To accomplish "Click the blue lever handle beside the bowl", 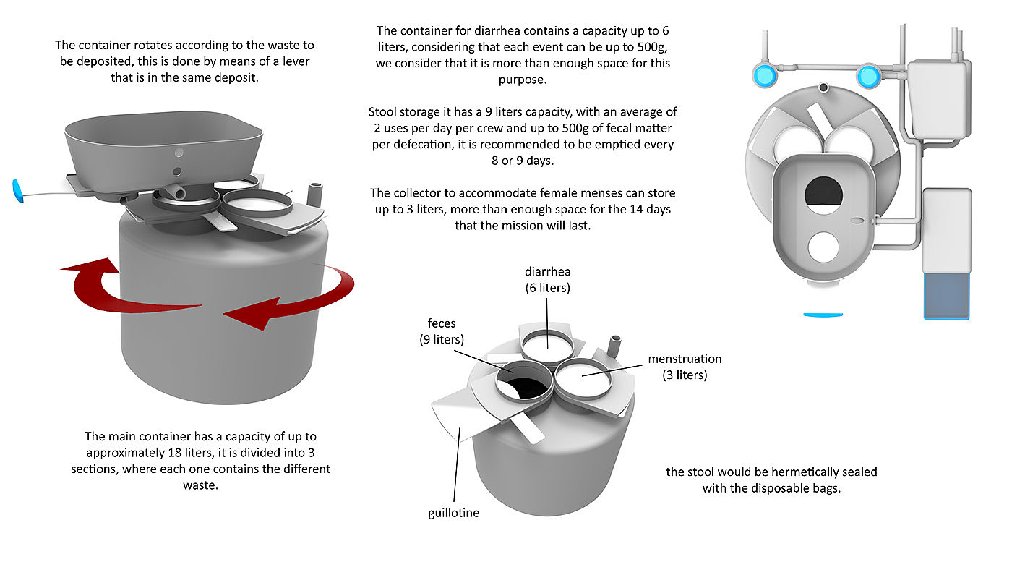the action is (17, 191).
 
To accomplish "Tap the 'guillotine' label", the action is (454, 513).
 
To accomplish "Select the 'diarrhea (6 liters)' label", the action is (548, 280).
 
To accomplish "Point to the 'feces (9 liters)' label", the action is (442, 331).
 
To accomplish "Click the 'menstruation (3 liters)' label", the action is (685, 367).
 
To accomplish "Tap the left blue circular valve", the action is (765, 75).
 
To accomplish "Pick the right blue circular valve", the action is (868, 76).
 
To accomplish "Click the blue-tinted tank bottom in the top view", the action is (946, 296).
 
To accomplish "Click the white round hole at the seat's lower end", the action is (823, 247).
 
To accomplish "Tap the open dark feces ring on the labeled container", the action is (525, 384).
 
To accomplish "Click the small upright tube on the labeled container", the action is (614, 346).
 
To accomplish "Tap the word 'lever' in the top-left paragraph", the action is (296, 61).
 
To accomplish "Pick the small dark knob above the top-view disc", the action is (823, 88).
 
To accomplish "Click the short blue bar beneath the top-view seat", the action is (823, 315).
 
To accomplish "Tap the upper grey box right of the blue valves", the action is (939, 100).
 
